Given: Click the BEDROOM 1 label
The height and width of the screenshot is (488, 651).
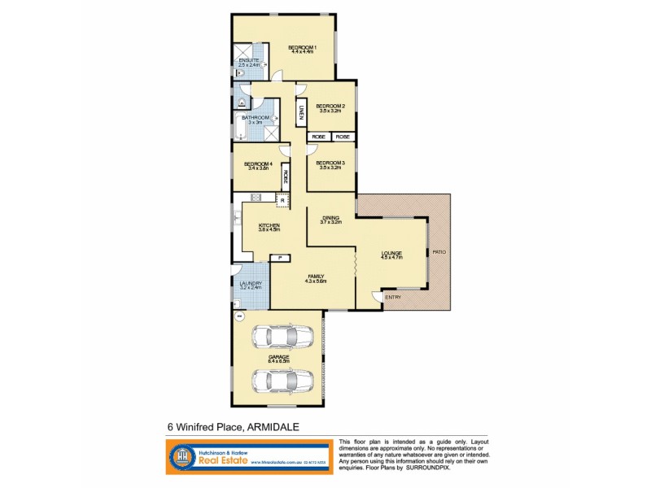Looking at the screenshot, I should point(301,47).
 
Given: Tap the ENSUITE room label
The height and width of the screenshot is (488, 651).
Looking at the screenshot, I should point(249,61).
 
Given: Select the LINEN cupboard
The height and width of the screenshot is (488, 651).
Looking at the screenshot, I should point(301,113).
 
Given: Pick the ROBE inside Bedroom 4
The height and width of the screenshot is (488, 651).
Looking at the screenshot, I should point(286,175).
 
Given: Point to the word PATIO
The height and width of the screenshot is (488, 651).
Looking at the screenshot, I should point(439,251).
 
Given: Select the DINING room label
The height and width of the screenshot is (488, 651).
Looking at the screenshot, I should point(330,218).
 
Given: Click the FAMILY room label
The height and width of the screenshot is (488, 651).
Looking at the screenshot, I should point(315,277).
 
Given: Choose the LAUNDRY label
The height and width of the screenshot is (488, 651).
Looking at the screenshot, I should point(251,284).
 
